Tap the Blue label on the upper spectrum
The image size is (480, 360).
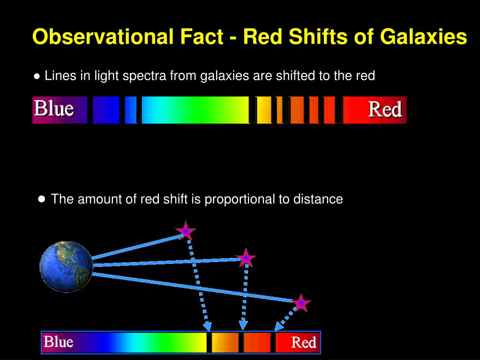[53, 109]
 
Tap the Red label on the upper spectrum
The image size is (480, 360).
[385, 110]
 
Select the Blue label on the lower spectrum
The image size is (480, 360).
[58, 342]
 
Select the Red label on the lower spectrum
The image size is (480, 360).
[304, 343]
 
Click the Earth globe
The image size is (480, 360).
[66, 266]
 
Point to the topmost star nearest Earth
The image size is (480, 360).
[186, 231]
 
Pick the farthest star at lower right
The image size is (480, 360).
[301, 303]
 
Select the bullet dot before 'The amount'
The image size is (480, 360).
[42, 199]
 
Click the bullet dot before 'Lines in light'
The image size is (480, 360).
[37, 76]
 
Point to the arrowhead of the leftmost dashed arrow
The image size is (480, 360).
[207, 326]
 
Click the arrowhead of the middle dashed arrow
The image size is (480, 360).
[243, 325]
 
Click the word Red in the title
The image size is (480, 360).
[262, 37]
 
